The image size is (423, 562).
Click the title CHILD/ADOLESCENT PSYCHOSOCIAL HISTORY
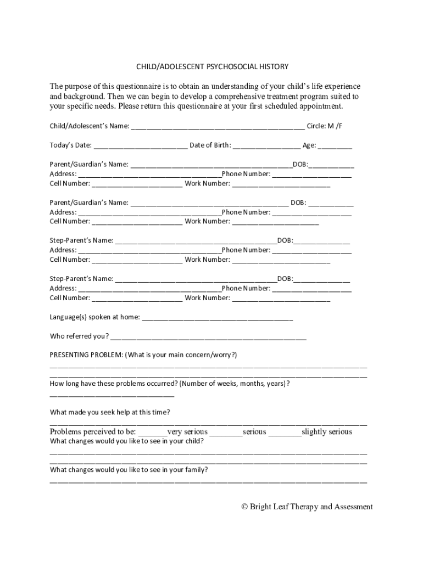pyautogui.click(x=212, y=66)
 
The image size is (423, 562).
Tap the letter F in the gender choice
pyautogui.click(x=340, y=126)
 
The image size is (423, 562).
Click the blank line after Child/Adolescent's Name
pyautogui.click(x=218, y=127)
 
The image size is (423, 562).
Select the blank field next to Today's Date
pyautogui.click(x=140, y=147)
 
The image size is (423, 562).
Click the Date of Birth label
pyautogui.click(x=210, y=145)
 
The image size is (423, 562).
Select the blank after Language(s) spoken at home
pyautogui.click(x=217, y=318)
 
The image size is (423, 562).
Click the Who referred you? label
pyautogui.click(x=79, y=336)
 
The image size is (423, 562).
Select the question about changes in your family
pyautogui.click(x=129, y=469)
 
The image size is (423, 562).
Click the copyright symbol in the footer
pyautogui.click(x=245, y=507)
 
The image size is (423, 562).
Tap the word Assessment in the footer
pyautogui.click(x=353, y=507)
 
